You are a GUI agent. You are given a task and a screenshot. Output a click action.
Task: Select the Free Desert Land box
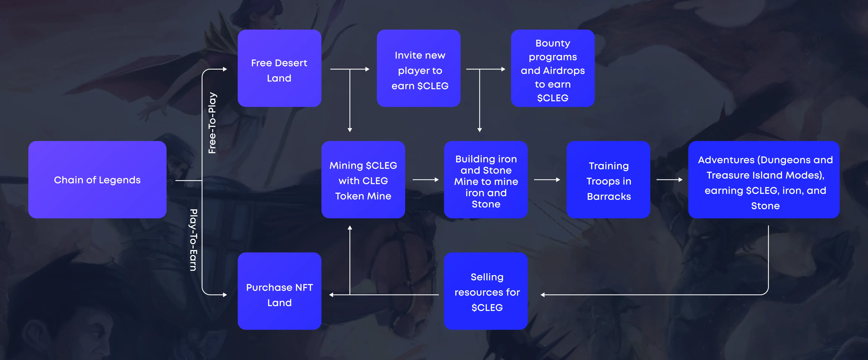(x=279, y=68)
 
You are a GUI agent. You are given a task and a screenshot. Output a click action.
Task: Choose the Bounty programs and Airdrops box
(x=552, y=68)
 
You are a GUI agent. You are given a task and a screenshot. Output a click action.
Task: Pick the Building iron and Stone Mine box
(x=486, y=180)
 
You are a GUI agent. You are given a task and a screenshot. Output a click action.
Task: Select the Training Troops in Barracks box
(x=608, y=180)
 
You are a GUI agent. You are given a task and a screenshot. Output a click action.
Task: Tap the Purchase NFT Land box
(x=279, y=291)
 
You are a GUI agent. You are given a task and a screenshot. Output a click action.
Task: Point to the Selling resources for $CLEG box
(x=486, y=291)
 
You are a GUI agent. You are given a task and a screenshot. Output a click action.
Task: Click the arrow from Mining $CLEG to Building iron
(x=425, y=180)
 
